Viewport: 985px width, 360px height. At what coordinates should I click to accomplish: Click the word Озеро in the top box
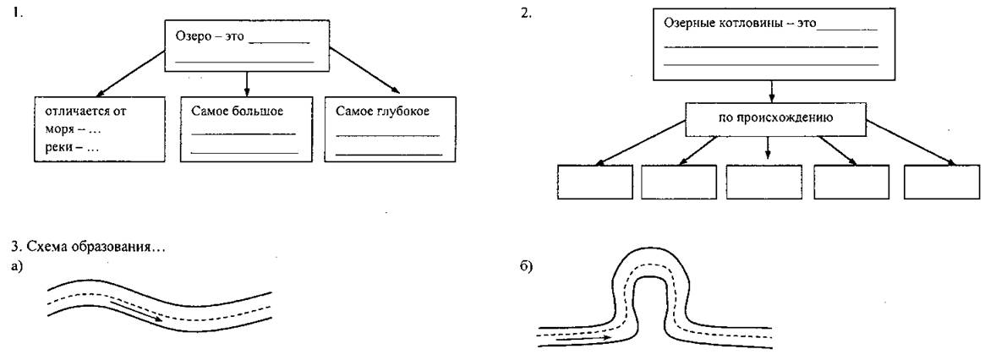pos(191,35)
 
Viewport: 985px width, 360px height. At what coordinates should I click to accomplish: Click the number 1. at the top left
pos(14,13)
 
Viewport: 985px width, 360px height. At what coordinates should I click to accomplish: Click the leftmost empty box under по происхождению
pos(595,183)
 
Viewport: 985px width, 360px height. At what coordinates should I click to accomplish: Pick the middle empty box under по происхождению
pos(763,183)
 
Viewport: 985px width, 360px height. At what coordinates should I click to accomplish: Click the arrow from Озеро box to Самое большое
pos(247,84)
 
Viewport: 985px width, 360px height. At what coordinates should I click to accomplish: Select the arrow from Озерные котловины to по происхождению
pos(772,92)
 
